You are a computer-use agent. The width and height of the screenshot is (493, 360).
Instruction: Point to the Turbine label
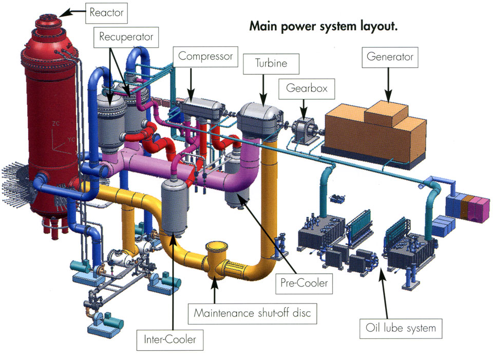click(x=271, y=64)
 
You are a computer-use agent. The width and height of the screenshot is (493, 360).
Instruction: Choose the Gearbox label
click(x=306, y=89)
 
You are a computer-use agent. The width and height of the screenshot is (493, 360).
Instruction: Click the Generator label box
click(x=390, y=57)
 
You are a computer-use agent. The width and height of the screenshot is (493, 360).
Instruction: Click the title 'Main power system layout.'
click(x=323, y=26)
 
